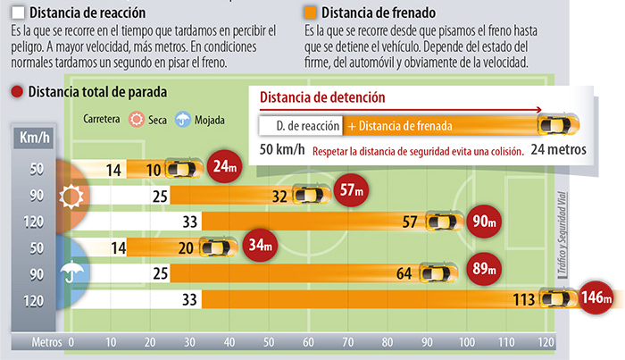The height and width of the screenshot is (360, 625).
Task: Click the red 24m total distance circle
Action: pos(221,166)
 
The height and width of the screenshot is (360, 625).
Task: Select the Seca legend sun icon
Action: pos(137,119)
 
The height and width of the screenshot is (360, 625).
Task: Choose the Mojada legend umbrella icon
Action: pos(183,119)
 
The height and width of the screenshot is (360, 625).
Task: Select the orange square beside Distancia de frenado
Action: pos(308,13)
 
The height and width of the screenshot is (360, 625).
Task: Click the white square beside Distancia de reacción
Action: pos(19,13)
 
